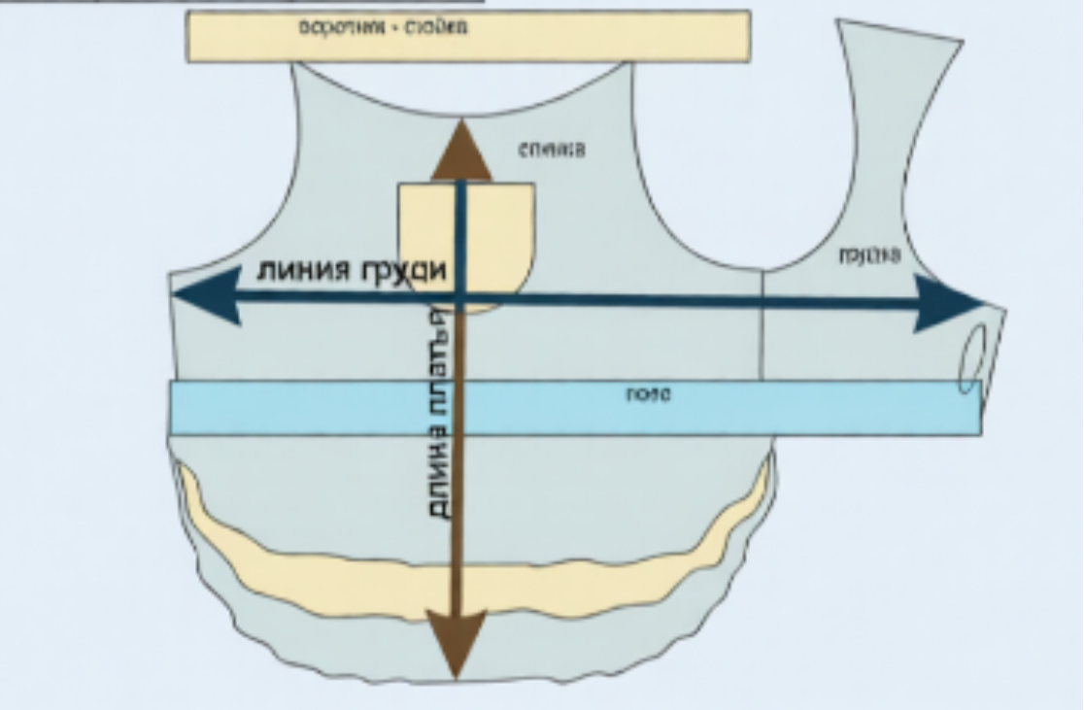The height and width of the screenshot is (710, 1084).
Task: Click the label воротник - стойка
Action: (x=383, y=27)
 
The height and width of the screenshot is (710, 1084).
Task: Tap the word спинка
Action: (x=552, y=151)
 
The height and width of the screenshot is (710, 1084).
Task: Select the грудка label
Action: (x=868, y=256)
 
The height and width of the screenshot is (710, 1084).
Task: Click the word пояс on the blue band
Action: (x=648, y=395)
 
